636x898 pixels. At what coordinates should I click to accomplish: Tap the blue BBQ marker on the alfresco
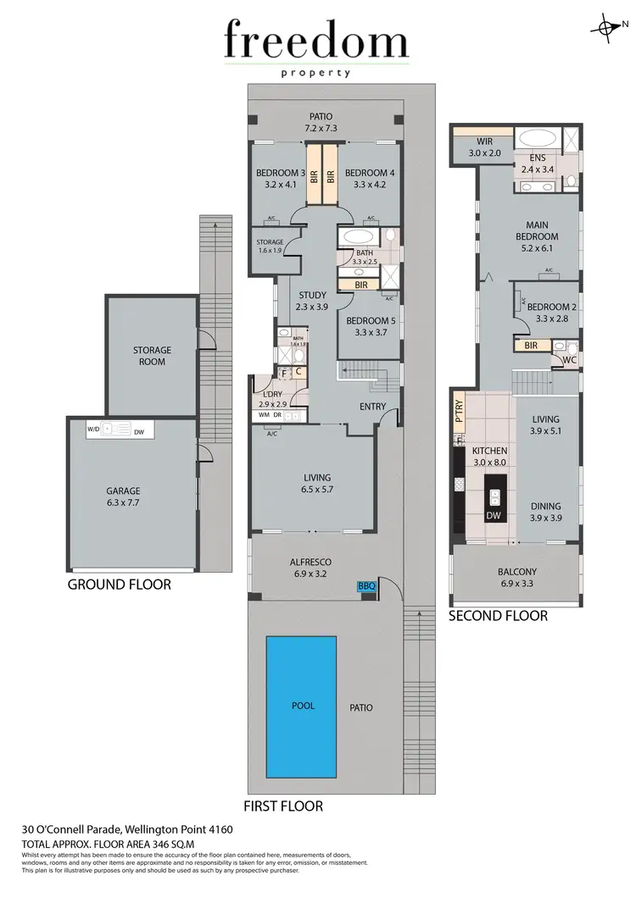click(x=366, y=585)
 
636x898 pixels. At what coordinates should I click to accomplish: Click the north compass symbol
click(x=608, y=27)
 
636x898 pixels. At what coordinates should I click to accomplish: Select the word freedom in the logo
click(x=316, y=42)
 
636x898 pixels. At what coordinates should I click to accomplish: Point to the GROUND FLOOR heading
click(x=119, y=585)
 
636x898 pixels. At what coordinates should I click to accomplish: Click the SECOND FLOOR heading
click(x=498, y=616)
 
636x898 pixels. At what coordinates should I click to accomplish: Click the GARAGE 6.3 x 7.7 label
click(x=123, y=496)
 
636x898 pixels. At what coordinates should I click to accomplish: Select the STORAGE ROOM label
click(x=152, y=356)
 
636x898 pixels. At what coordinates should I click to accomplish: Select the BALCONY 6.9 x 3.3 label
click(x=516, y=578)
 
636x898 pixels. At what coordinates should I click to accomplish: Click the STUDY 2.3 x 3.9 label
click(x=312, y=301)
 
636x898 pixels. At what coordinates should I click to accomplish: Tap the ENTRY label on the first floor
click(x=372, y=407)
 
